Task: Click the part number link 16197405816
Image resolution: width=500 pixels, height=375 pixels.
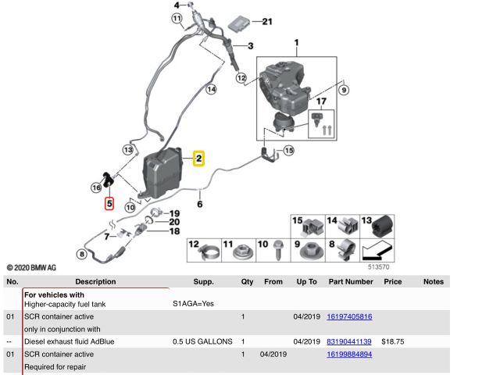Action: (348, 316)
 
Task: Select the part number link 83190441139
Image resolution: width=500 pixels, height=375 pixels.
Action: (348, 341)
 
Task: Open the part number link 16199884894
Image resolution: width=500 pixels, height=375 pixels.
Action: (348, 354)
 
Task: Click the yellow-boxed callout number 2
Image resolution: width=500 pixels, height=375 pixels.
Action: (199, 159)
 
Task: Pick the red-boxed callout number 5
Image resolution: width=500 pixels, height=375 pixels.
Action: (109, 204)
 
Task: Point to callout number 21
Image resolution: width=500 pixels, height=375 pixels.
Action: (267, 21)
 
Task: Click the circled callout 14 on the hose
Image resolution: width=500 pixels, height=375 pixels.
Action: (210, 89)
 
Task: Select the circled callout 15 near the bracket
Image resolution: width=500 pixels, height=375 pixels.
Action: (288, 150)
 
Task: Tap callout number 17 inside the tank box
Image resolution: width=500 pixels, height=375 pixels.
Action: (320, 102)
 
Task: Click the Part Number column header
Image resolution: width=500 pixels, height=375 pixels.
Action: (349, 281)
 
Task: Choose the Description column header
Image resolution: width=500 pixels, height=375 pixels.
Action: (95, 281)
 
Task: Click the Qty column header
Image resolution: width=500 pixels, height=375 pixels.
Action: (247, 281)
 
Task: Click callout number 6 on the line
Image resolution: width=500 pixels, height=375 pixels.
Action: (199, 205)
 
